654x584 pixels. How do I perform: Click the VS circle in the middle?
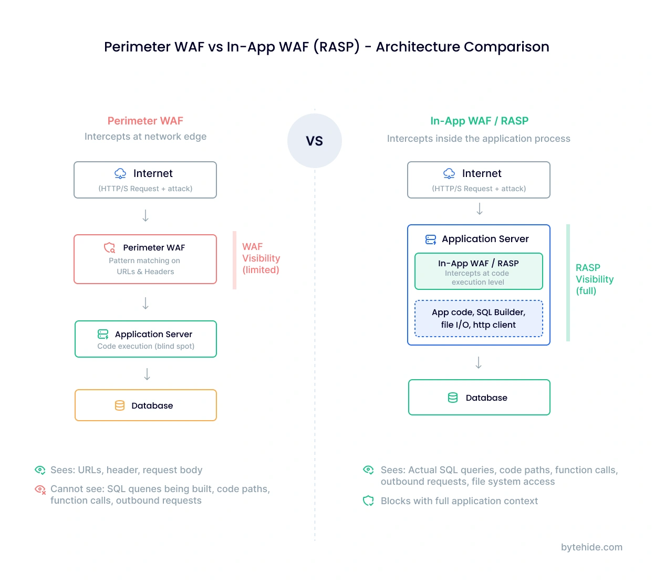coord(314,141)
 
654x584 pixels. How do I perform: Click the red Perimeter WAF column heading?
coord(145,121)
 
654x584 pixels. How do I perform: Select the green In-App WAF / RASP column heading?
coord(479,121)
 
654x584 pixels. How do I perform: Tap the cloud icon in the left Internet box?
coord(120,173)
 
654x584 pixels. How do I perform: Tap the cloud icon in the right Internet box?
coord(449,173)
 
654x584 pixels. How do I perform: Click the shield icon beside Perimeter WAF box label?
coord(109,247)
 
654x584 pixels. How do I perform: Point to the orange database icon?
coord(120,405)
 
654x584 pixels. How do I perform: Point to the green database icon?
coord(453,398)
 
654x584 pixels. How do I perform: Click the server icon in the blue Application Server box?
coord(431,239)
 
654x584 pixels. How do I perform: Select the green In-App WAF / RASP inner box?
coord(479,272)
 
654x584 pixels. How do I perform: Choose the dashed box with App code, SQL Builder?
coord(479,318)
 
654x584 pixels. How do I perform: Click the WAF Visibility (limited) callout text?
coord(261,258)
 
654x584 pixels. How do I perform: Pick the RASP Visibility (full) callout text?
coord(594,279)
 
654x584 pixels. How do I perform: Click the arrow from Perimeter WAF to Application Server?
coord(146,303)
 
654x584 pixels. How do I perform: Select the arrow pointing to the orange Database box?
coord(147,374)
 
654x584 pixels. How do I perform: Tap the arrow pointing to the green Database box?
coord(479,362)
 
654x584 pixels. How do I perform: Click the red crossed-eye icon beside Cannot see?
coord(40,489)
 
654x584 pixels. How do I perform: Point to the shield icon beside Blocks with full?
coord(368,501)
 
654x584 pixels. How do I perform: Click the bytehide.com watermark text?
coord(591,547)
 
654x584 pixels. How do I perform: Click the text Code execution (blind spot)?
coord(146,346)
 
